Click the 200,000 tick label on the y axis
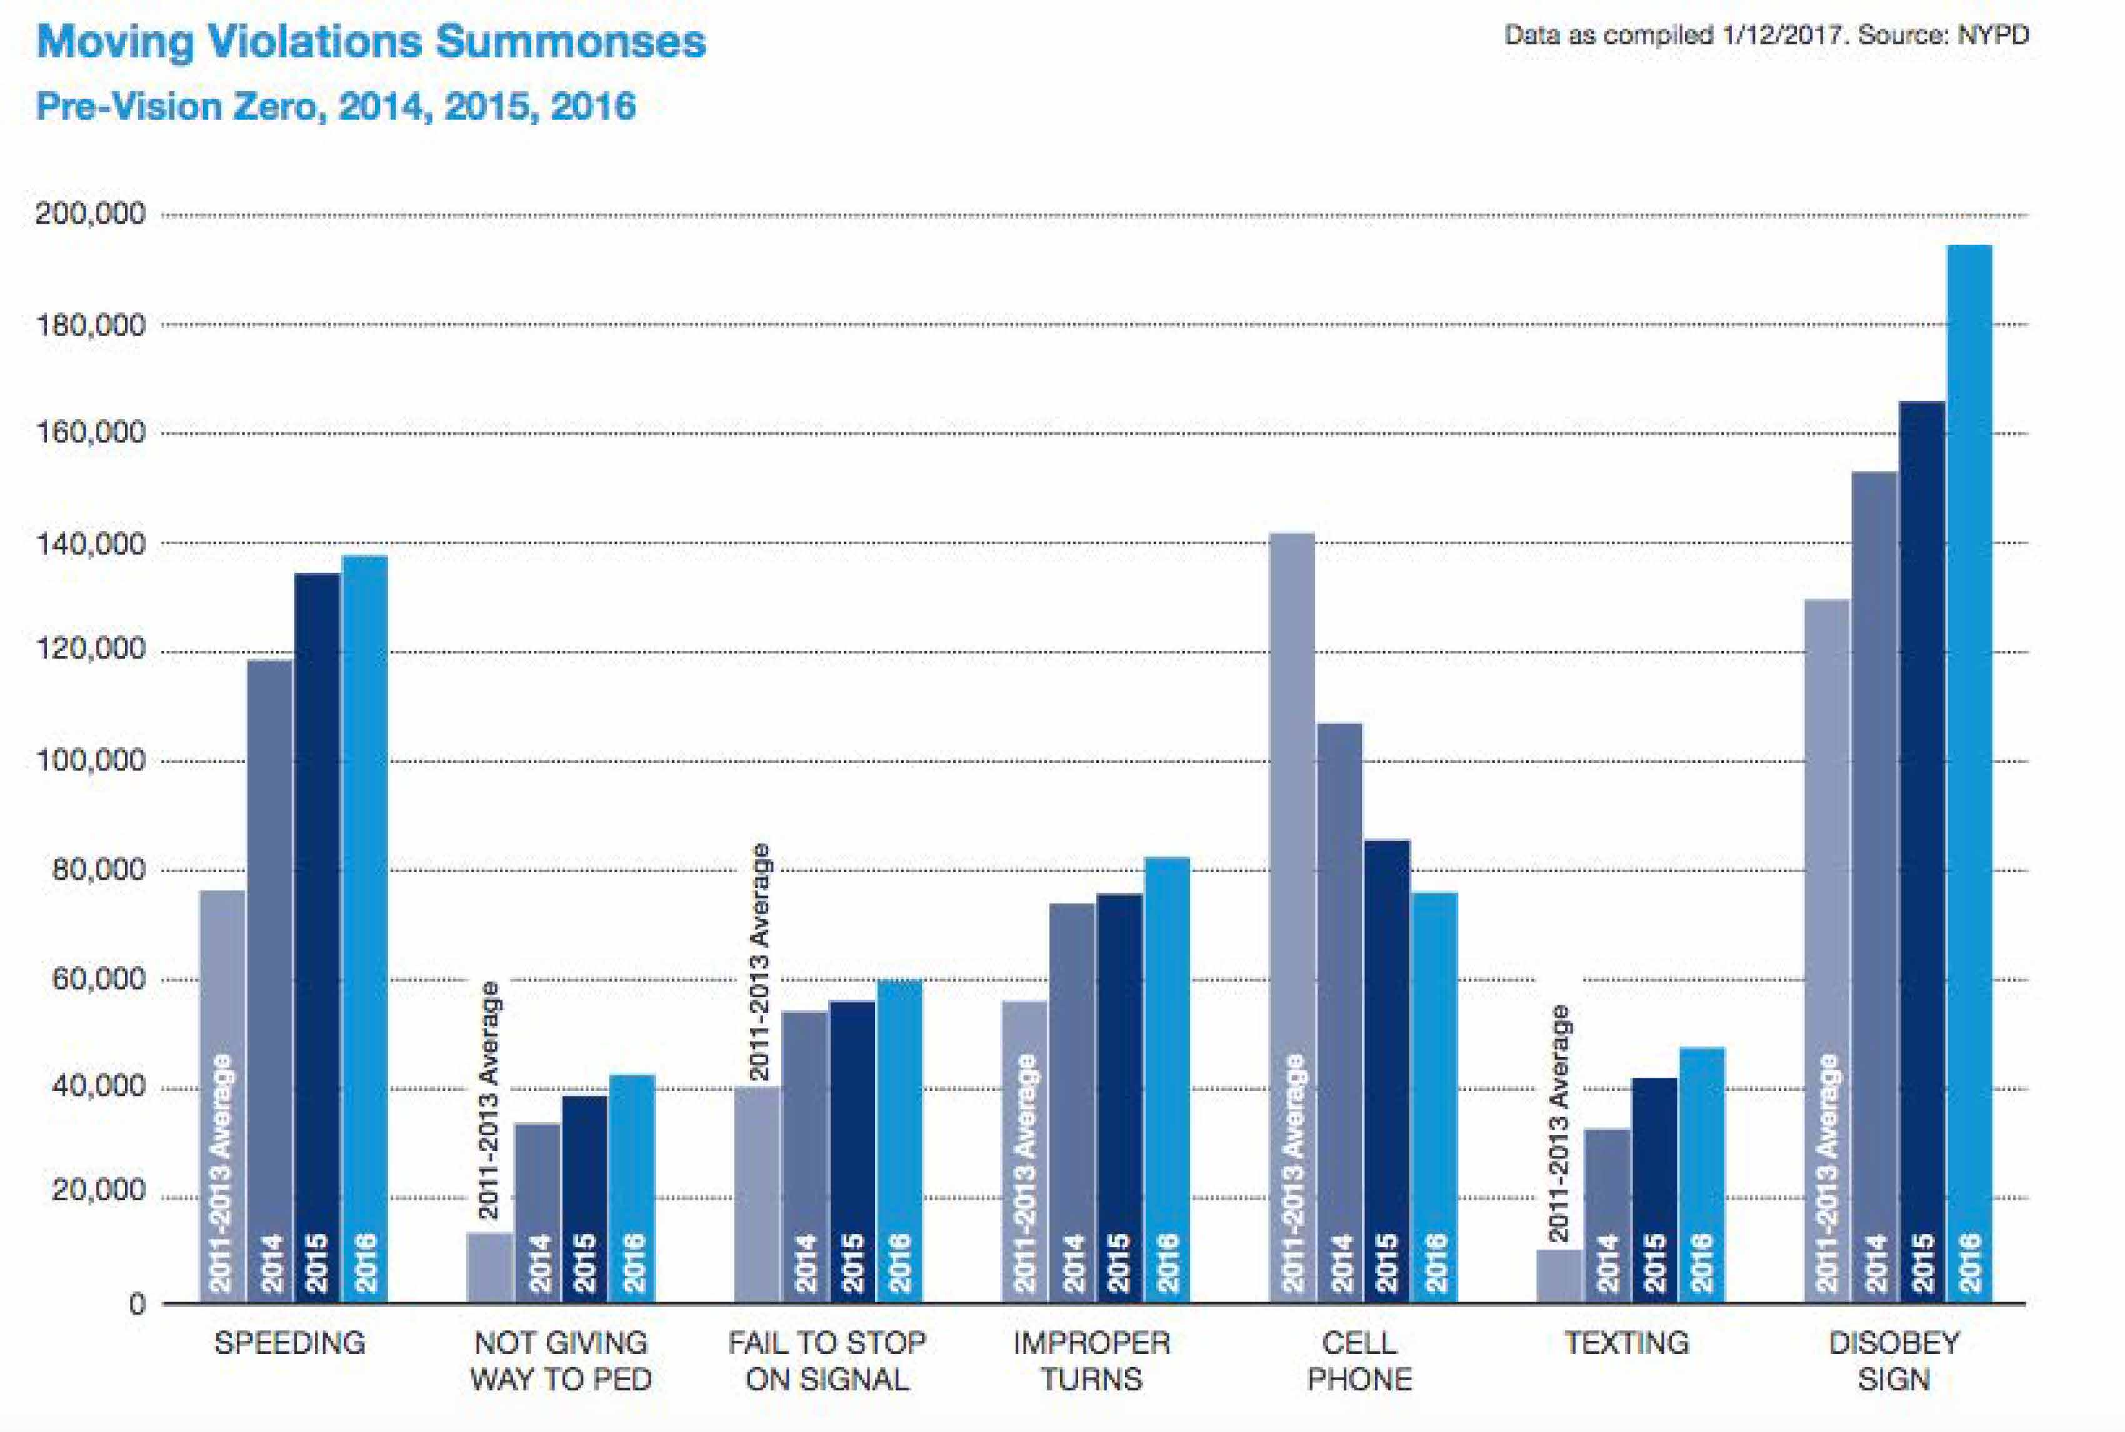89,214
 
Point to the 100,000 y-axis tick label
89,760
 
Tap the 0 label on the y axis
136,1304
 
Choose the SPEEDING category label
289,1343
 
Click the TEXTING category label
1626,1343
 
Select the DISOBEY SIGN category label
1894,1360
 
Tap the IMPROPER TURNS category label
1092,1360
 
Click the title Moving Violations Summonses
371,42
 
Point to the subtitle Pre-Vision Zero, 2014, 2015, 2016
335,107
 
